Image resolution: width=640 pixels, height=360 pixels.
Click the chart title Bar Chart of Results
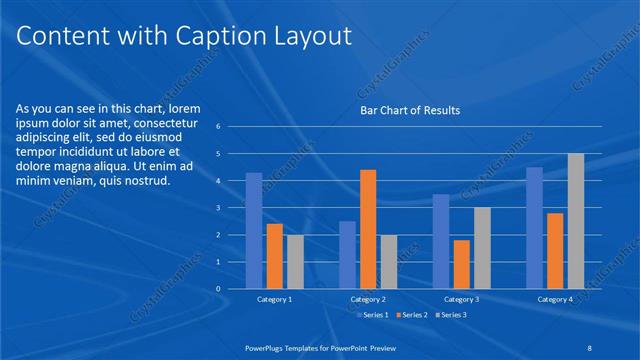409,110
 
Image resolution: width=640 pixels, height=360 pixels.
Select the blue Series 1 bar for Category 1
254,231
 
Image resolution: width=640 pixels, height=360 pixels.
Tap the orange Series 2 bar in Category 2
368,229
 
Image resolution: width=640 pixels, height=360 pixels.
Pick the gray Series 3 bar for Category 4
575,221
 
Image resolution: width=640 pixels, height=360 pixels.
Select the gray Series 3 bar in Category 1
295,262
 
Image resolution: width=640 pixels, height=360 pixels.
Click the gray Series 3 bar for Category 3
482,248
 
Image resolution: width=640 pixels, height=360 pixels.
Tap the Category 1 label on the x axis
274,299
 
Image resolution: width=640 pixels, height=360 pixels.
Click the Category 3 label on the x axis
461,299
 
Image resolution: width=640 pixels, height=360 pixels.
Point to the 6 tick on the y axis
218,127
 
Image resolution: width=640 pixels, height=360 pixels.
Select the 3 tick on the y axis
218,208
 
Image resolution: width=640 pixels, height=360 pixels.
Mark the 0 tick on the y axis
218,289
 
